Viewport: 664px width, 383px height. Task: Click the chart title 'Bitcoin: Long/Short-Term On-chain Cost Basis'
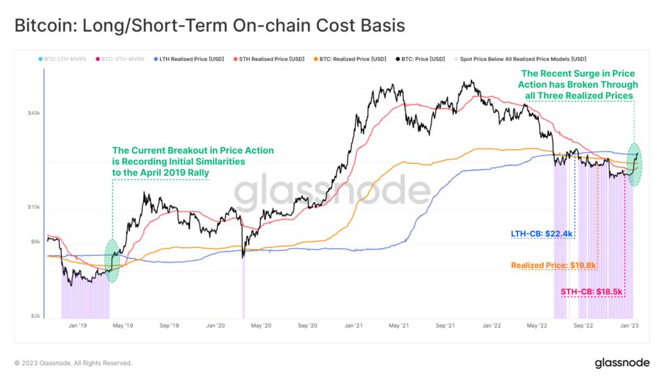pos(209,26)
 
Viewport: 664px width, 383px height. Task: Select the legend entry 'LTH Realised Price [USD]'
pos(198,59)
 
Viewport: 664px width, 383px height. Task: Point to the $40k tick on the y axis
pos(33,114)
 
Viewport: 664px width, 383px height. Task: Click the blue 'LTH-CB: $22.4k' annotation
pos(542,234)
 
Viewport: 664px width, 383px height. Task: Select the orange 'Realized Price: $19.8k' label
pos(553,264)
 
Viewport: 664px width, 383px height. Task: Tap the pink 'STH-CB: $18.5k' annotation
pos(591,292)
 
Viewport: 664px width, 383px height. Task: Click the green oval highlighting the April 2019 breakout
pos(112,260)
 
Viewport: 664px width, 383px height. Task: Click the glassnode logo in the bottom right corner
pos(622,363)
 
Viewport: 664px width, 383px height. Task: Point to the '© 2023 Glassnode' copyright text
pos(73,363)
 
